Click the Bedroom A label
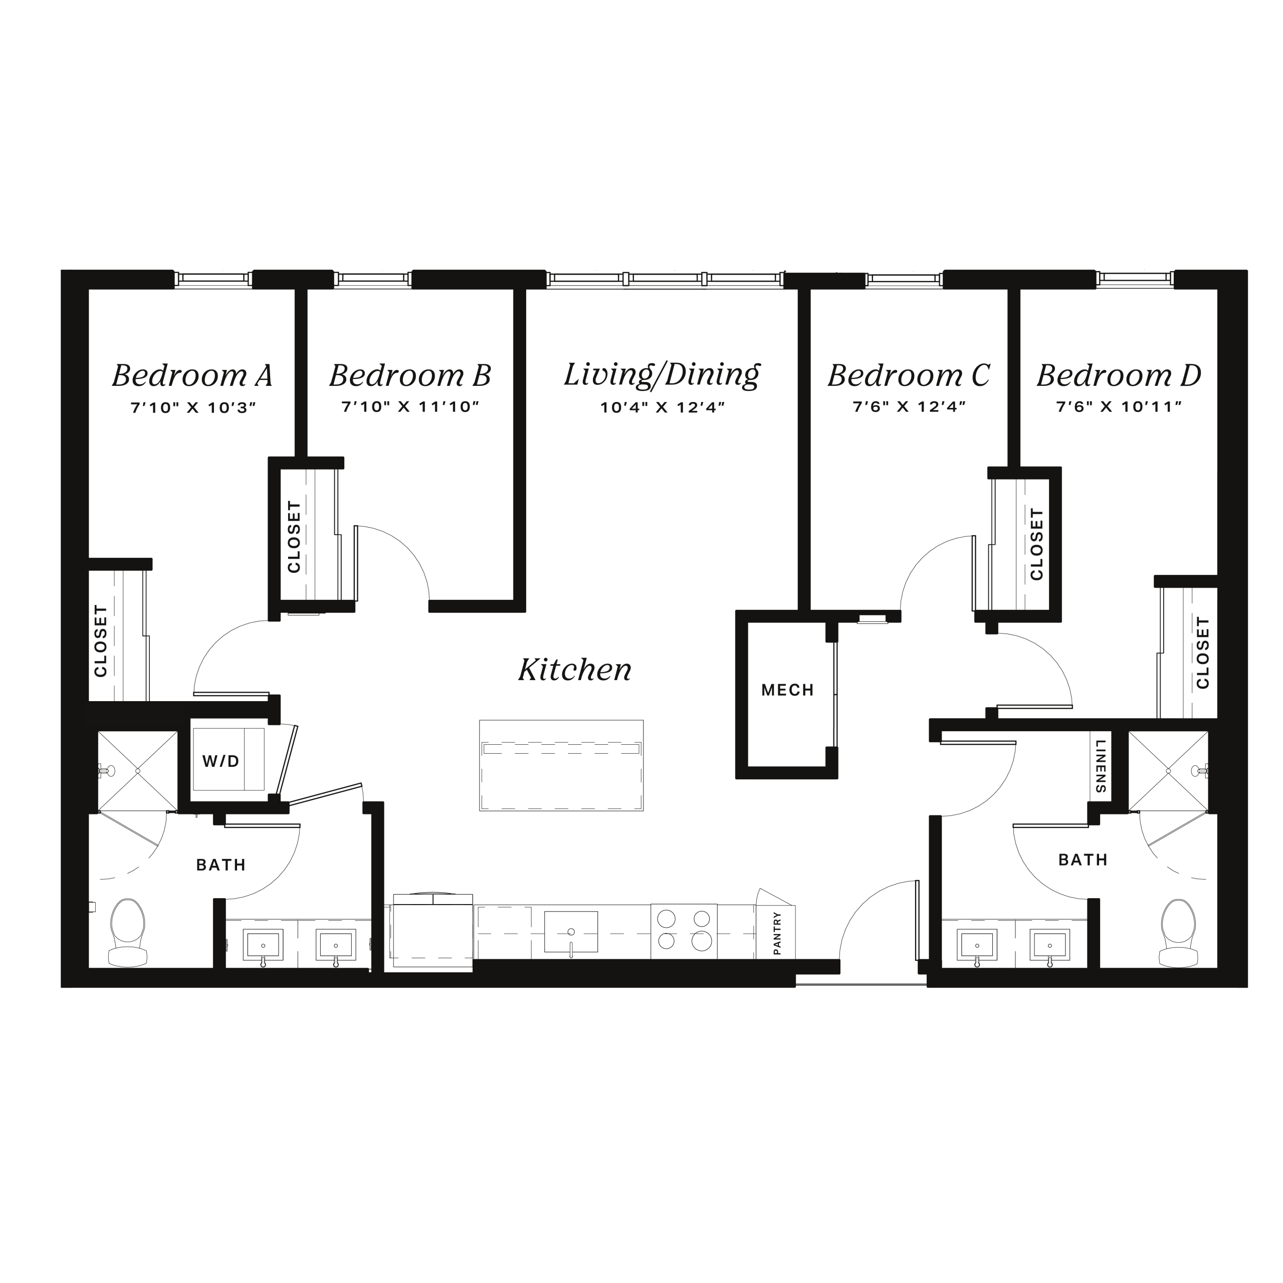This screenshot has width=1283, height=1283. click(192, 375)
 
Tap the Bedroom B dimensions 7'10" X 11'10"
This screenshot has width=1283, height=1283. click(410, 406)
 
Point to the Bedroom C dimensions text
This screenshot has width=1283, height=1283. click(909, 406)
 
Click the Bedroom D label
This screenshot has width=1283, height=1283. click(1119, 375)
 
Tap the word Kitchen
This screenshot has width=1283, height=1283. click(575, 670)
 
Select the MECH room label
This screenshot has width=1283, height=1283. click(788, 690)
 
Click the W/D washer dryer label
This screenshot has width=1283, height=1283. click(221, 762)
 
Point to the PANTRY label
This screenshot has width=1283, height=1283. click(777, 933)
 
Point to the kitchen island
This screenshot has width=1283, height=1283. click(561, 765)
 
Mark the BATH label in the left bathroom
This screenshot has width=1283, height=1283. click(221, 865)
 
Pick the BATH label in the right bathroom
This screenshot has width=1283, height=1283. click(1083, 860)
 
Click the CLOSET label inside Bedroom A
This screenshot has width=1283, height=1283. click(101, 641)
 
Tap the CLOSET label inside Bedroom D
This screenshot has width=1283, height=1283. click(1203, 653)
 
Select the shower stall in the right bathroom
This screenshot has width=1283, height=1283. click(1168, 771)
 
